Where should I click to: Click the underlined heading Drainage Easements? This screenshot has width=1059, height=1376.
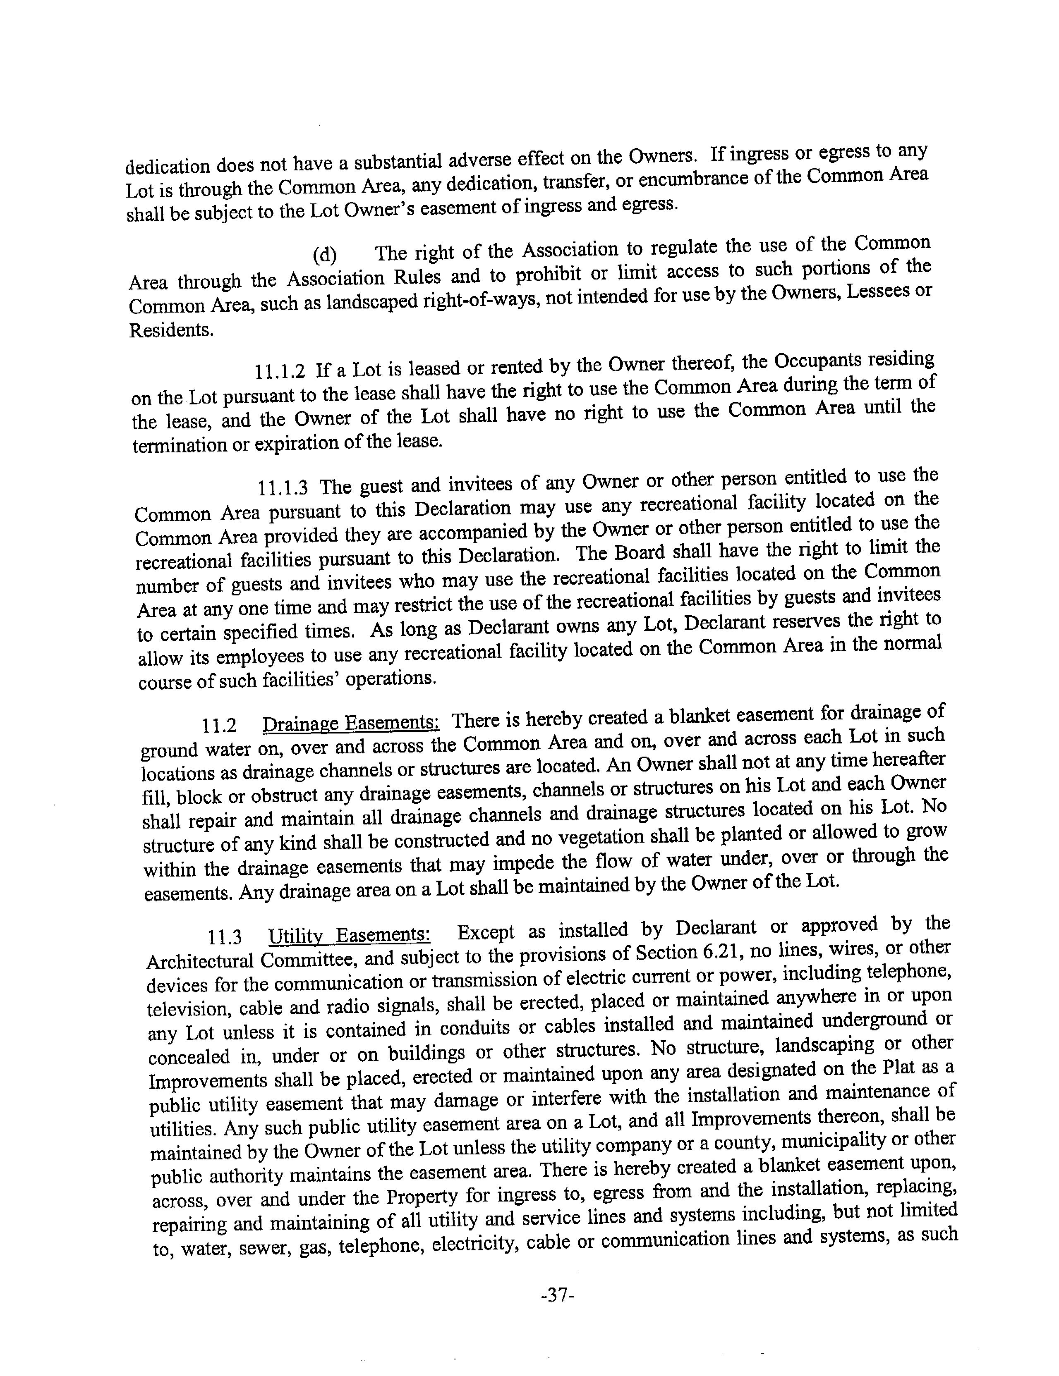[x=351, y=722]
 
